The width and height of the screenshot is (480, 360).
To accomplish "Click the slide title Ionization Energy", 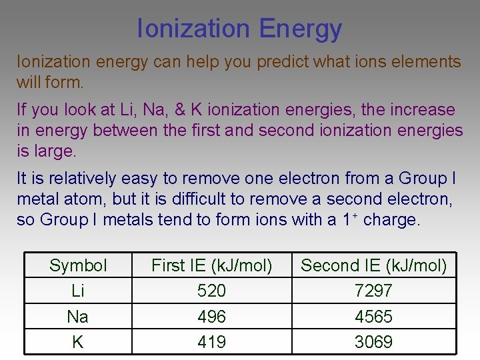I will pos(239,28).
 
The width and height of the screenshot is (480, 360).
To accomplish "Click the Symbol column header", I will pos(78,265).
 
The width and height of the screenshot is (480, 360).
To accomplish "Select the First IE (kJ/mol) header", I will pos(212,265).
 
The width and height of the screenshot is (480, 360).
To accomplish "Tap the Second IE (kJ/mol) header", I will pos(374,265).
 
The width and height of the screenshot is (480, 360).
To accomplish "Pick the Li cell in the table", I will pos(78,291).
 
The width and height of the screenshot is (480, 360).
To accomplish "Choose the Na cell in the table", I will pos(78,316).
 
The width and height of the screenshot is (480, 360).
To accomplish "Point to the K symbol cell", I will pos(78,342).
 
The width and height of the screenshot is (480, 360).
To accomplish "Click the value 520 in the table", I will pos(212,291).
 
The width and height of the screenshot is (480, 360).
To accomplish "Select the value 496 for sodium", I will pos(212,316).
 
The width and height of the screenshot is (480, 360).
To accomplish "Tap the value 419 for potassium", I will pos(212,342).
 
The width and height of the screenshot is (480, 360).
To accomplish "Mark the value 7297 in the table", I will pos(374,291).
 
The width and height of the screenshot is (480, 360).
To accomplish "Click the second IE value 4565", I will pos(374,316).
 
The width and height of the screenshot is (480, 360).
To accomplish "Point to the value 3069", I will pos(374,342).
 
